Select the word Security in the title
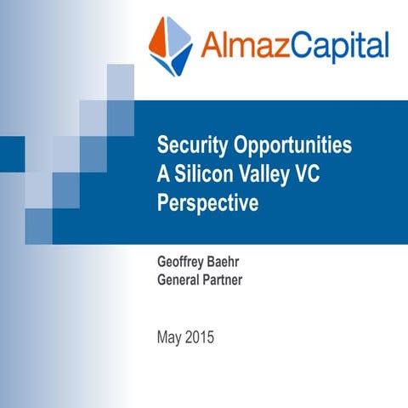[190, 144]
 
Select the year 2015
[201, 337]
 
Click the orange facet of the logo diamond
[161, 37]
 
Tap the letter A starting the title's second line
[163, 174]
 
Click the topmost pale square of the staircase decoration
[120, 76]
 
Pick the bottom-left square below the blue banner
[38, 225]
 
